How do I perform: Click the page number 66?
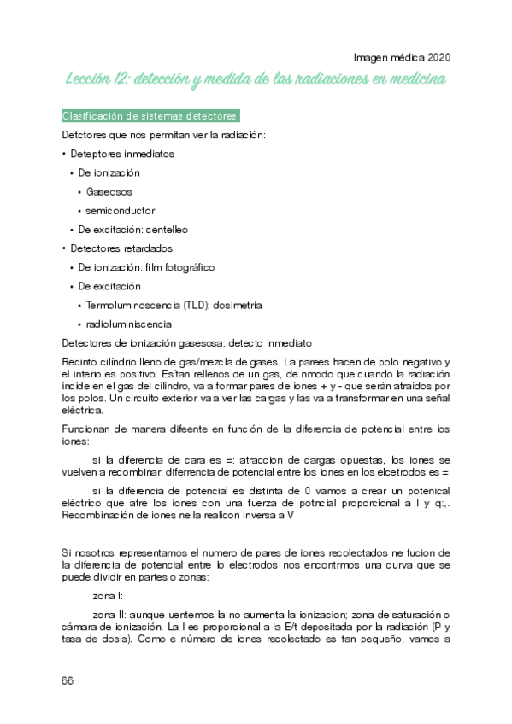68,680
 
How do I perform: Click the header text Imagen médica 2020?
402,58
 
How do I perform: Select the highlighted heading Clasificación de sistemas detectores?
150,116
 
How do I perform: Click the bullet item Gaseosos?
109,191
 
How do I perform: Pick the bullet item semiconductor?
121,210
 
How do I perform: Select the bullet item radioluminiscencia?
128,324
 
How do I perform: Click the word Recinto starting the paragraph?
81,362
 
